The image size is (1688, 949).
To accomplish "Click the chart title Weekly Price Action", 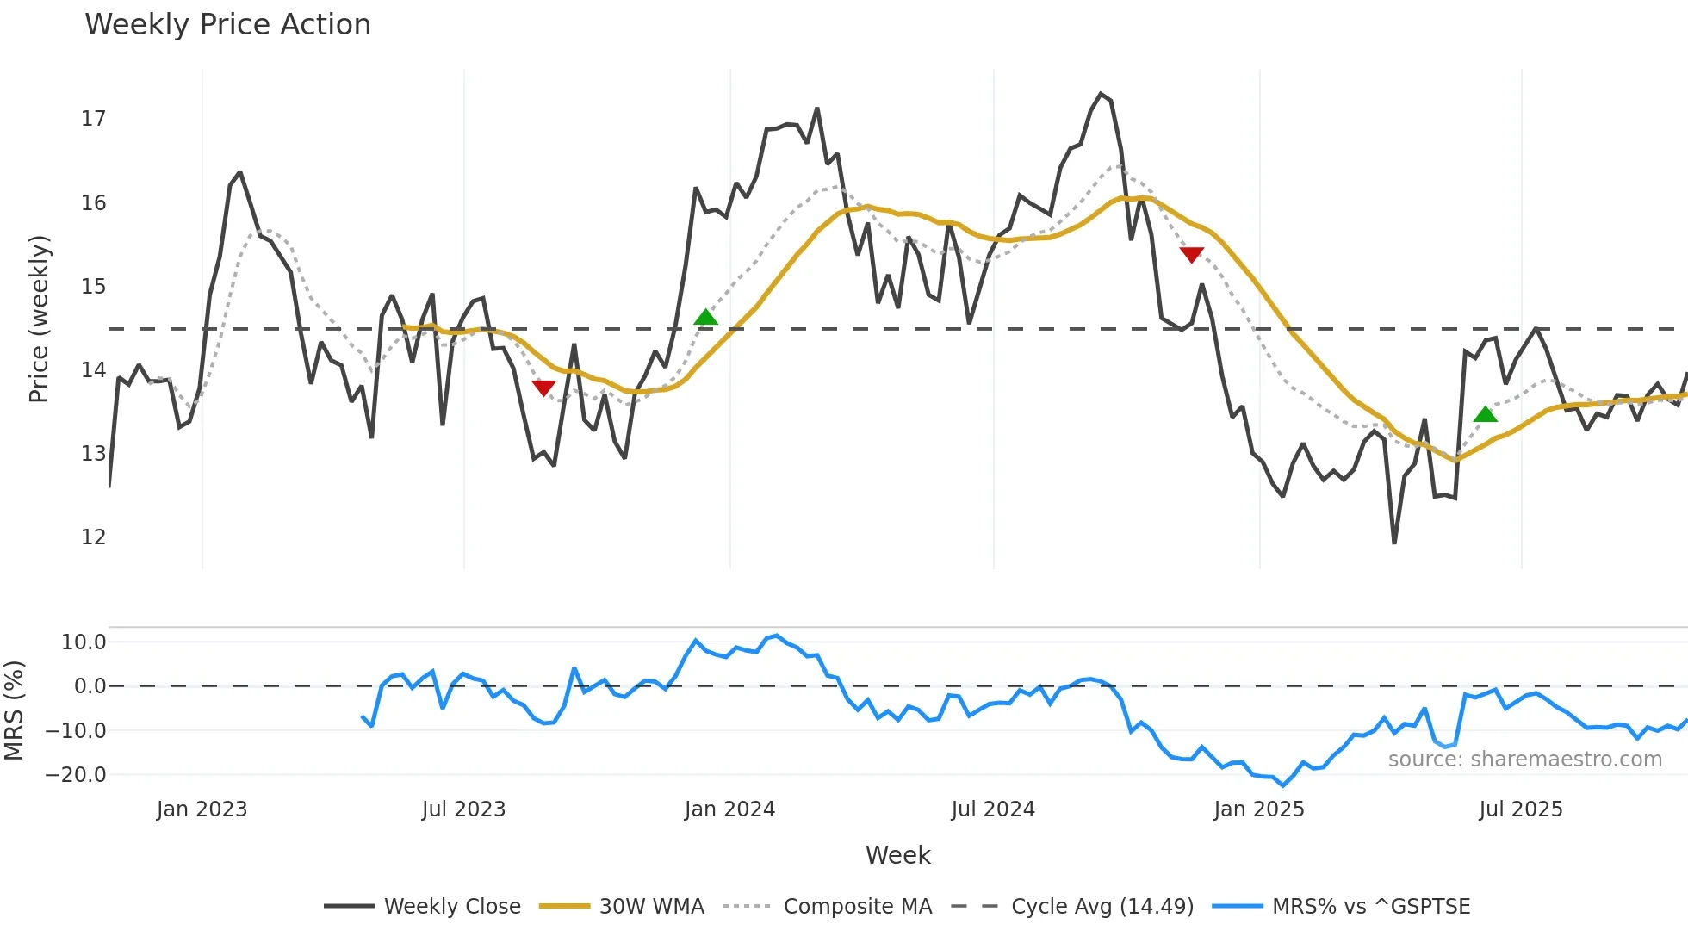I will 227,25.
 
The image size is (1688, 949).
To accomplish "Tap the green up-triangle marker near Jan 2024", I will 705,318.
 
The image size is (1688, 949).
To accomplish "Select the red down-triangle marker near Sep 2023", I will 543,388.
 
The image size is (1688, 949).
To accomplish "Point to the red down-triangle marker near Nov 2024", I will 1191,254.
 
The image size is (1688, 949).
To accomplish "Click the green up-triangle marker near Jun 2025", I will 1485,415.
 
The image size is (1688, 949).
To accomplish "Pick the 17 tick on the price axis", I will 93,119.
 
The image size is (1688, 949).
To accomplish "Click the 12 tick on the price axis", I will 93,537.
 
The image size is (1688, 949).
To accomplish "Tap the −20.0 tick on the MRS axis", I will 76,775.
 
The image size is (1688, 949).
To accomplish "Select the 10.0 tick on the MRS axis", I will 84,642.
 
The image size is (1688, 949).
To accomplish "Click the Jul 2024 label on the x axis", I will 992,809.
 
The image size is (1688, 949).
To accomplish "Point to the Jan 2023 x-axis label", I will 202,809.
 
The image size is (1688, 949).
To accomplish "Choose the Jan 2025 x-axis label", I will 1258,809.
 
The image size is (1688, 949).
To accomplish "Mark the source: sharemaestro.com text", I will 1524,760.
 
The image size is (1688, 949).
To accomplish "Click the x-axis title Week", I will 897,855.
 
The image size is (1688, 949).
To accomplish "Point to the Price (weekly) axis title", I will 39,319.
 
